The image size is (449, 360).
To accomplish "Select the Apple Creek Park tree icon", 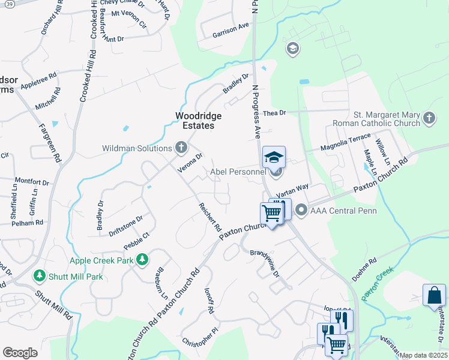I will pyautogui.click(x=142, y=260).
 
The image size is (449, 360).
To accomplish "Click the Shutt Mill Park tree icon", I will pyautogui.click(x=40, y=276).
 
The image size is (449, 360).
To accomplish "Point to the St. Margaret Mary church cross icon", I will pyautogui.click(x=429, y=118).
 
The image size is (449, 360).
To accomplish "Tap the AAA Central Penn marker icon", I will pyautogui.click(x=301, y=210).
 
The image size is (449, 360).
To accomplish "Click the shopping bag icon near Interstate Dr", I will pyautogui.click(x=434, y=296).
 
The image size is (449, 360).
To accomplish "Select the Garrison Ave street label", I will pyautogui.click(x=231, y=31).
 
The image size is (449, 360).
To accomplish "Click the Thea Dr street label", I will pyautogui.click(x=275, y=113).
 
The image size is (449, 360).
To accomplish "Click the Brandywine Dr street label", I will pyautogui.click(x=265, y=263).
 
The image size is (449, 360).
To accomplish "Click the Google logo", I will pyautogui.click(x=20, y=353).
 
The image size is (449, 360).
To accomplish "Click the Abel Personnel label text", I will pyautogui.click(x=237, y=172).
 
